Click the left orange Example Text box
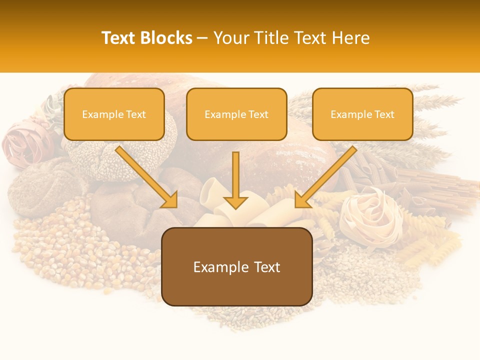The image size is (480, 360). tap(114, 114)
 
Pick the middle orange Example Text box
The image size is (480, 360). tap(236, 114)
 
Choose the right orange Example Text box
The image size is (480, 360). tap(362, 114)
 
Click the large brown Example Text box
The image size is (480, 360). tap(237, 267)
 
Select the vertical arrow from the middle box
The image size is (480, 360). tap(235, 177)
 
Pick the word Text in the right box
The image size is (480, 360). tap(384, 114)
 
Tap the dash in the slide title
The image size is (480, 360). tap(202, 38)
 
